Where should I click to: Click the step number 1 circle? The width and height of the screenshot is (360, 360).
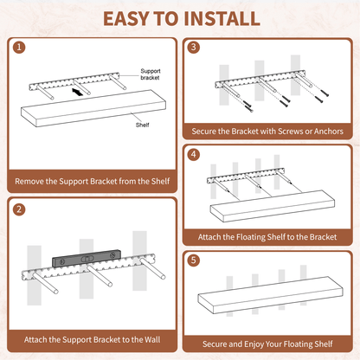19,48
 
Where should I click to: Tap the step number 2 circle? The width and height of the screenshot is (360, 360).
19,209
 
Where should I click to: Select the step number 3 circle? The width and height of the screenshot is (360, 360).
194,48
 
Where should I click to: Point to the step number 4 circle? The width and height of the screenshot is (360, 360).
194,154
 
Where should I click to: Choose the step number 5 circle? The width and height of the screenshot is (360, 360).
194,260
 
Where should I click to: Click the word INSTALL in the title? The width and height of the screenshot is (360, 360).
222,19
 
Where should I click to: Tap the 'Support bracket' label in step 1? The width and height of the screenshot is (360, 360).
151,74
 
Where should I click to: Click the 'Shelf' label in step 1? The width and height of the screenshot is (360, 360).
142,125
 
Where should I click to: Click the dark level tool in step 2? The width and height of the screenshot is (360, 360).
86,259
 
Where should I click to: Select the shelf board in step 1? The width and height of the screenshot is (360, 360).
93,108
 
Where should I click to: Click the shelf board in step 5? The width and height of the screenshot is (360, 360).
270,295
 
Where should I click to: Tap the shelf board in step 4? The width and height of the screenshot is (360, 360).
273,206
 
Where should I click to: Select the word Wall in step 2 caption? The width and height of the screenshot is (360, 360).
152,339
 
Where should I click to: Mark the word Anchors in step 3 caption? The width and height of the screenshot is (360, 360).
329,132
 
